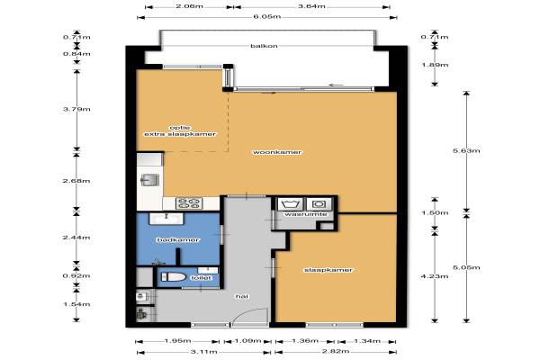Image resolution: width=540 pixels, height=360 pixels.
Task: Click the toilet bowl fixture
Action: [174, 277]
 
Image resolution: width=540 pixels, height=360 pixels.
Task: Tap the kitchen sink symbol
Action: [149, 180]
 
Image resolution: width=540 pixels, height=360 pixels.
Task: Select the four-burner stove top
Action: [189, 202]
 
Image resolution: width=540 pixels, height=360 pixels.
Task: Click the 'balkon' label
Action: [264, 46]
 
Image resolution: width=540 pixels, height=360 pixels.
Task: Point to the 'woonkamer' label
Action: [277, 152]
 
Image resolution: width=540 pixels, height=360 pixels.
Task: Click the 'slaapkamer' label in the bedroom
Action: [328, 270]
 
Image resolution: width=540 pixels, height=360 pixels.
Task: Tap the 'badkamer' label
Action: [177, 239]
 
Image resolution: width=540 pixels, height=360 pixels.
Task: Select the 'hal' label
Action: [242, 296]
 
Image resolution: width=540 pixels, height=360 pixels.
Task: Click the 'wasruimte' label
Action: [305, 214]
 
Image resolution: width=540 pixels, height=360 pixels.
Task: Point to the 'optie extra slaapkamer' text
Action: [180, 130]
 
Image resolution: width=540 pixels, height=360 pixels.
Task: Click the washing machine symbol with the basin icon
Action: [291, 204]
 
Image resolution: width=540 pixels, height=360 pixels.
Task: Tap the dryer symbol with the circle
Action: [319, 204]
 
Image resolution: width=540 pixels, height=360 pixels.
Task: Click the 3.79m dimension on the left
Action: [76, 109]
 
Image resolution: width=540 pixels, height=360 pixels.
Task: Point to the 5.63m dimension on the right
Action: [466, 150]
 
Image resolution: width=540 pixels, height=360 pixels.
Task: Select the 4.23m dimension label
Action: [435, 276]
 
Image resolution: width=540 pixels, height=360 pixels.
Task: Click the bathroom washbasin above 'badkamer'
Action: [166, 219]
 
